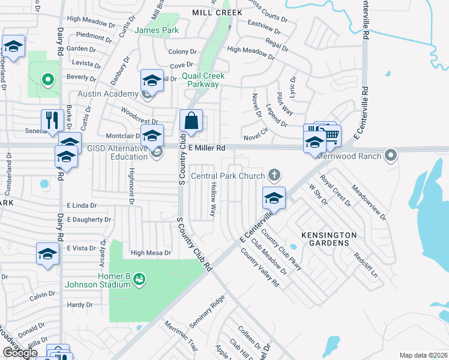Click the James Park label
tap(157, 30)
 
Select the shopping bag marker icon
tap(191, 120)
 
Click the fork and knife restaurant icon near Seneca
tap(53, 120)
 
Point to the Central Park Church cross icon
tap(274, 176)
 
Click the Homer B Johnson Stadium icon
tap(139, 278)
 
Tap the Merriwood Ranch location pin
tap(391, 156)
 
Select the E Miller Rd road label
tap(205, 148)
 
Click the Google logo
tap(20, 353)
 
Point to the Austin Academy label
tap(107, 94)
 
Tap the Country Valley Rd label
tap(260, 266)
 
